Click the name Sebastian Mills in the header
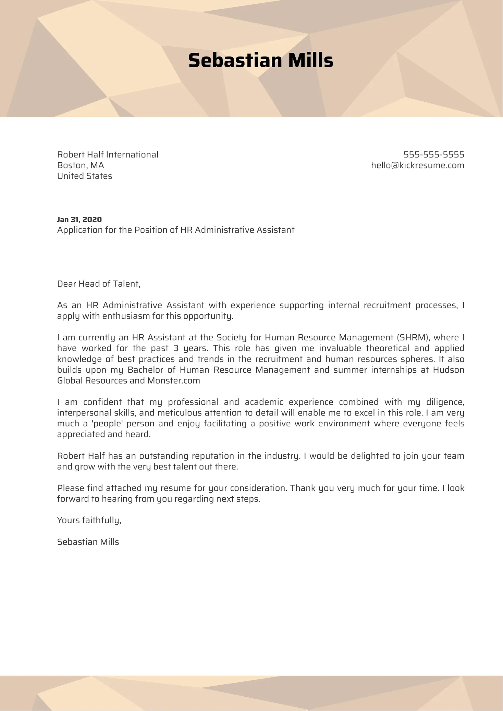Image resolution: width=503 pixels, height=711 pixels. pos(260,61)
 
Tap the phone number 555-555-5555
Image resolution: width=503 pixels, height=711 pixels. pos(433,154)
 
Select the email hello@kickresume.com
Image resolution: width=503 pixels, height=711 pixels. pos(417,165)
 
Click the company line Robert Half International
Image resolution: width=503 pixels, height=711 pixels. pos(108,154)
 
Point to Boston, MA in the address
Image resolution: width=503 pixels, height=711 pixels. pos(81,165)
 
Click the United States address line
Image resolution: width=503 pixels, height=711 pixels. pos(85,176)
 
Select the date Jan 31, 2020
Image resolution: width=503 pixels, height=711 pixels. pos(79,220)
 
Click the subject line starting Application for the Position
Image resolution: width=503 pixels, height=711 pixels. pos(175,230)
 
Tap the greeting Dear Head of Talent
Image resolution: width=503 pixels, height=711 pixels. pos(99,284)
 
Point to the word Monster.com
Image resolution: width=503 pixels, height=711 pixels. pos(173,381)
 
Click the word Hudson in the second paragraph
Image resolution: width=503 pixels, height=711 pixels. pos(449,370)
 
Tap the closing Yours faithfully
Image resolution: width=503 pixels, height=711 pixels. pos(89,520)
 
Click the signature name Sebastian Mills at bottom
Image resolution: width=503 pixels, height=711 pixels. pos(88,542)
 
